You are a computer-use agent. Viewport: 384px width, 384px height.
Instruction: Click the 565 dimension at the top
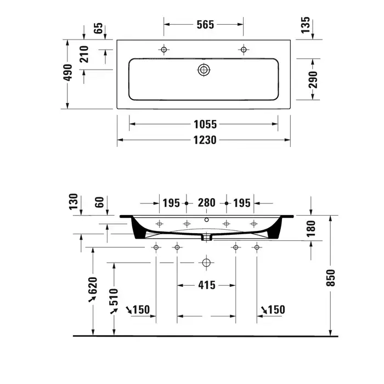(x=205, y=25)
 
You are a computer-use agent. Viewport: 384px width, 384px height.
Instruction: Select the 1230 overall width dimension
(x=205, y=140)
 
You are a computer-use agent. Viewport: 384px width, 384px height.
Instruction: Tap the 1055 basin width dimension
(x=205, y=124)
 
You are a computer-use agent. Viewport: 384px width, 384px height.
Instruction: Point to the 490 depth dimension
(x=68, y=72)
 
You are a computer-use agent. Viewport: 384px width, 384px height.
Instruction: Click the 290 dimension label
(x=313, y=80)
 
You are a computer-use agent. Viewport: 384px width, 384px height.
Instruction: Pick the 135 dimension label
(x=306, y=25)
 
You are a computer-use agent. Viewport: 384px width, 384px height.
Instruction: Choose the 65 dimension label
(x=98, y=28)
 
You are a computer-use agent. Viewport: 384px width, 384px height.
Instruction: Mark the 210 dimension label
(x=84, y=54)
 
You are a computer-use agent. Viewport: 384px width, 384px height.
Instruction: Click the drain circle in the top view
(x=204, y=70)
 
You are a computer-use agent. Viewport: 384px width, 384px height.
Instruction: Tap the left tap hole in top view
(x=164, y=50)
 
